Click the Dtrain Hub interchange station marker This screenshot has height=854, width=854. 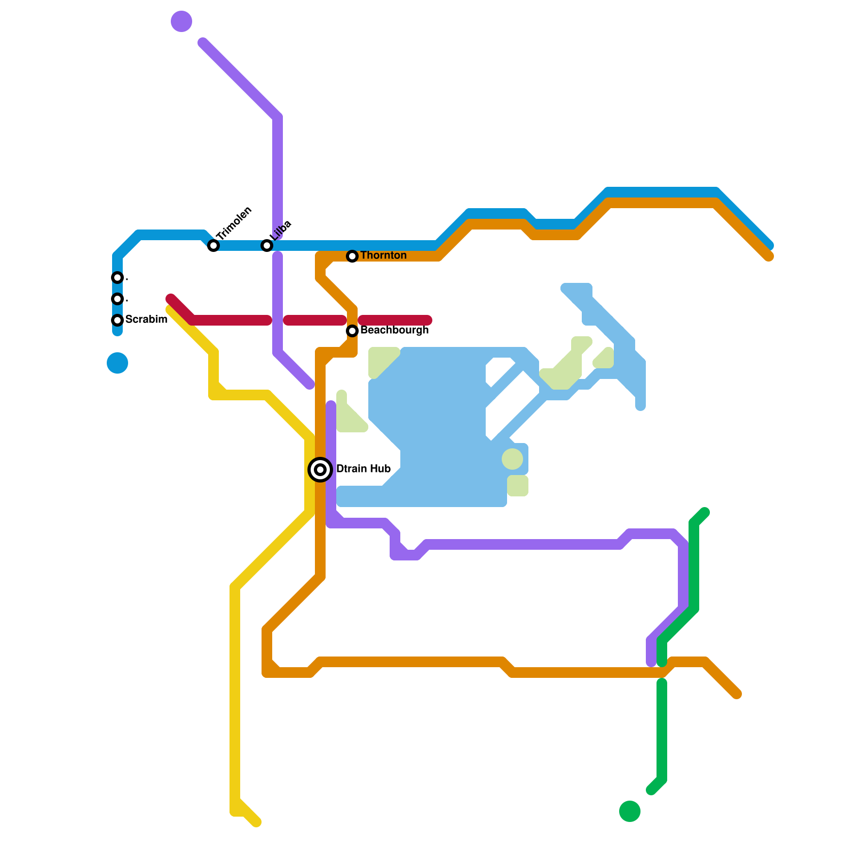(320, 470)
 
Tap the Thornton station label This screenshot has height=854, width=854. (383, 256)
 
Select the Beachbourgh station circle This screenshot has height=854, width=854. (352, 331)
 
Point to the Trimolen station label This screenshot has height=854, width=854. (234, 223)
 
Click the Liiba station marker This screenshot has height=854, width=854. (267, 246)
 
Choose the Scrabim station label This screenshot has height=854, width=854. (146, 320)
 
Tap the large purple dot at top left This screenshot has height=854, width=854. (181, 21)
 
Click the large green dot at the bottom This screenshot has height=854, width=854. (630, 811)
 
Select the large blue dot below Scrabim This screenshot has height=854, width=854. (117, 363)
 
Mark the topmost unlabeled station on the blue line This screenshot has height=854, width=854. (117, 278)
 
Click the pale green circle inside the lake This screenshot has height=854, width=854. (512, 459)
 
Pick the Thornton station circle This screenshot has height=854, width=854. (352, 256)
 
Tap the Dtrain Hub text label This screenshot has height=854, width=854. (363, 469)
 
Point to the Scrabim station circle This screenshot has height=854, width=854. (117, 320)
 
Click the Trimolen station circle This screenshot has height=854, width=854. (213, 246)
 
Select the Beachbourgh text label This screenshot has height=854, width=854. (394, 330)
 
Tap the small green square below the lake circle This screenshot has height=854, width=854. (518, 486)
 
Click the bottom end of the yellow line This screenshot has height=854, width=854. (257, 823)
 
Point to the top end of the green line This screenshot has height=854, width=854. (705, 512)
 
